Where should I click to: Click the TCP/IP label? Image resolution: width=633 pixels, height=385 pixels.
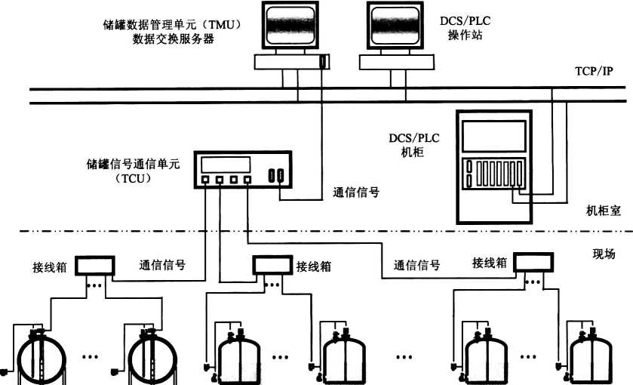pos(593,72)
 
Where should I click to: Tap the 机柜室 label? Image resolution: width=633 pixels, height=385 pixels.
pos(603,211)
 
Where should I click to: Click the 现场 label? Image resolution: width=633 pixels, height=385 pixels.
pos(604,254)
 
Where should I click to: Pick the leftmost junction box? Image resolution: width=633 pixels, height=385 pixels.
pos(94,265)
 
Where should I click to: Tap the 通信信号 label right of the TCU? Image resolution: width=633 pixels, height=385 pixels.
pos(356,192)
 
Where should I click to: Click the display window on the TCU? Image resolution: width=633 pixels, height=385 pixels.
pos(225,164)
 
